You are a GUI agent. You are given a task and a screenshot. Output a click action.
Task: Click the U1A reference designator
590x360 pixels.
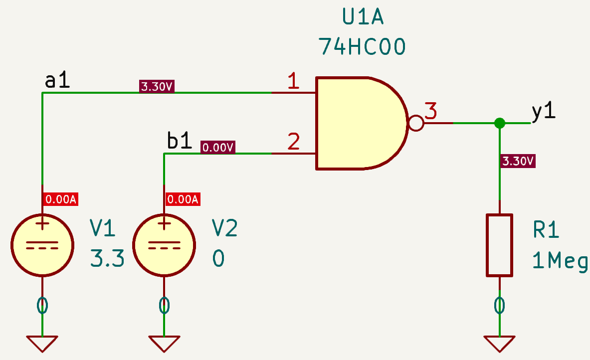coord(362,17)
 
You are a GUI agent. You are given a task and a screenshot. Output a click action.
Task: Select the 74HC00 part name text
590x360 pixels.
coord(362,47)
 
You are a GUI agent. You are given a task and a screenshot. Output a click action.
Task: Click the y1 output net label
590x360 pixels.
coord(543,113)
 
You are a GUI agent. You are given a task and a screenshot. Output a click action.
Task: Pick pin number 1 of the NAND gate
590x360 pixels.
coord(294,81)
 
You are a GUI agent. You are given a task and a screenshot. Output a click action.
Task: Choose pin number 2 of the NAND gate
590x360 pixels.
coord(294,142)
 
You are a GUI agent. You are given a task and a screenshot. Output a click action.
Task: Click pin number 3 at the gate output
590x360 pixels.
coord(431,110)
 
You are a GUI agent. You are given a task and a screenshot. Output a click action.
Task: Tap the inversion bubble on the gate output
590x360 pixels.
coord(415,123)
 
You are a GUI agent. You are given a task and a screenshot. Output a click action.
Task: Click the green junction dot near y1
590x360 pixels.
coord(499,123)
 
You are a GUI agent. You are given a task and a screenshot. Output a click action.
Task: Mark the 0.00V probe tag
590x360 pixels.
coord(218,147)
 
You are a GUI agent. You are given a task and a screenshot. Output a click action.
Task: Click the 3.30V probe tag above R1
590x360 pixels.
coord(518,161)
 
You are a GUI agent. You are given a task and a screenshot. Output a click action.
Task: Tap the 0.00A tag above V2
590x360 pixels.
coord(183,199)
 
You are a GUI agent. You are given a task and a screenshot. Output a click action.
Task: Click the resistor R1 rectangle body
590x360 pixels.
coord(499,245)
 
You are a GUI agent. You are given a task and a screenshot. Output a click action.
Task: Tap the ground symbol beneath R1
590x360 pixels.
coord(499,343)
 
